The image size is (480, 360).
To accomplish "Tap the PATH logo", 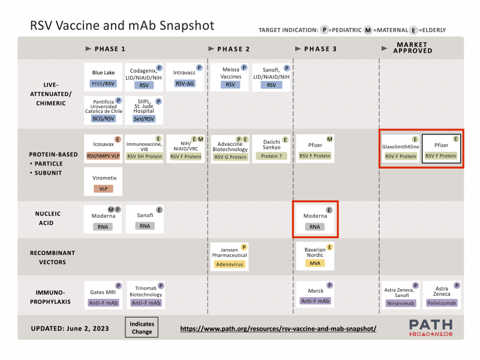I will pyautogui.click(x=431, y=328).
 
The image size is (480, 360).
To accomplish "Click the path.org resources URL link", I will pyautogui.click(x=278, y=329).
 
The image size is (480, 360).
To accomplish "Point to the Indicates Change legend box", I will pyautogui.click(x=142, y=328).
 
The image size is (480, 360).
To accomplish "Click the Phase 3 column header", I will pyautogui.click(x=320, y=49).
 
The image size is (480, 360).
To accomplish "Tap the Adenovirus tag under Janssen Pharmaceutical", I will pyautogui.click(x=229, y=263).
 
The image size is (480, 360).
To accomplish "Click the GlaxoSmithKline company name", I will pyautogui.click(x=400, y=146).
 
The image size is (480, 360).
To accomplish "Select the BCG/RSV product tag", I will pyautogui.click(x=103, y=119).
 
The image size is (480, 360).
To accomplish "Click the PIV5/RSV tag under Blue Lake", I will pyautogui.click(x=103, y=85).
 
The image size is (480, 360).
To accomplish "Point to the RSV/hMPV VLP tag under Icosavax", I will pyautogui.click(x=103, y=156).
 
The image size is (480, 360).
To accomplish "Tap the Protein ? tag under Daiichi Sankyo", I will pyautogui.click(x=271, y=156).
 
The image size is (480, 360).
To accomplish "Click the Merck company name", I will pyautogui.click(x=316, y=291).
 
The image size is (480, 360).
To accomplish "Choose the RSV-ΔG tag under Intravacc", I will pyautogui.click(x=185, y=85).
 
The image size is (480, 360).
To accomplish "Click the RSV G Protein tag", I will pyautogui.click(x=229, y=157).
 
